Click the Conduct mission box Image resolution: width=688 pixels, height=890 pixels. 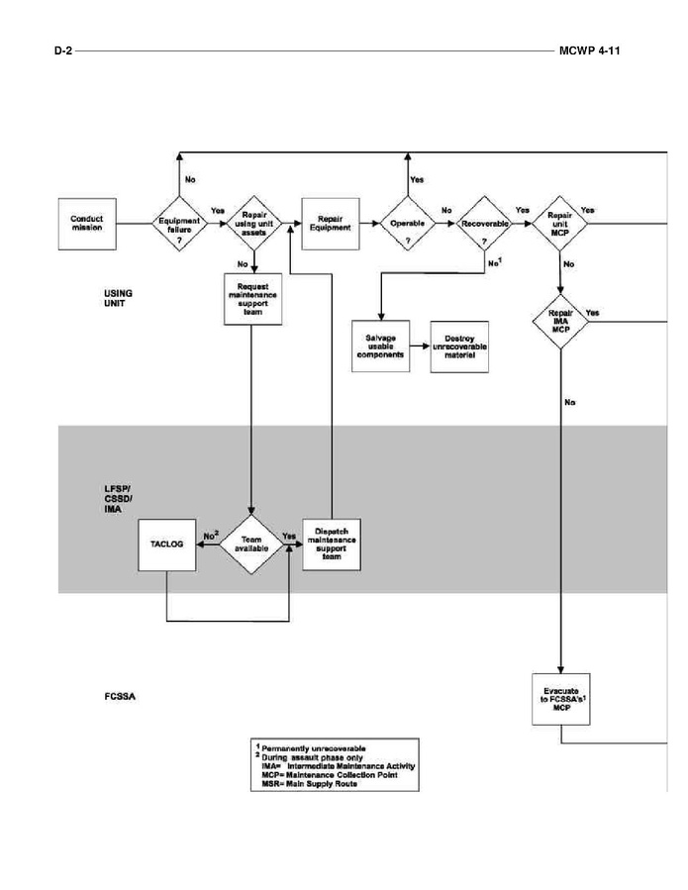tap(87, 225)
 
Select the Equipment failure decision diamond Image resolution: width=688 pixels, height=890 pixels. tap(179, 225)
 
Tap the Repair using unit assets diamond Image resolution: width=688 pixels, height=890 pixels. tap(255, 225)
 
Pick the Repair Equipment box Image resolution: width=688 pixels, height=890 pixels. tap(329, 225)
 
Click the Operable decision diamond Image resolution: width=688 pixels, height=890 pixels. tap(408, 225)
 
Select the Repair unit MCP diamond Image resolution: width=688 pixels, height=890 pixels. tap(560, 225)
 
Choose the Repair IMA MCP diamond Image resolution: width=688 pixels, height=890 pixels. tap(560, 319)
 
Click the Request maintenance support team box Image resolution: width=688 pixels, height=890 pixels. tap(255, 300)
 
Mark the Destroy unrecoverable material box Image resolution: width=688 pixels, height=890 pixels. tap(460, 346)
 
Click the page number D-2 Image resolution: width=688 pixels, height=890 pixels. tap(63, 49)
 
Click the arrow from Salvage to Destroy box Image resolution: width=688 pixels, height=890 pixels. tap(421, 346)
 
